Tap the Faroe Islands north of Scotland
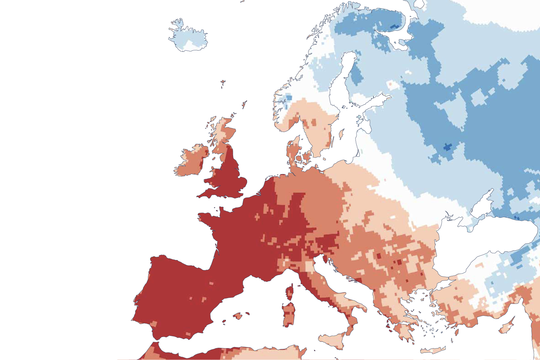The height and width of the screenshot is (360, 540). click(223, 84)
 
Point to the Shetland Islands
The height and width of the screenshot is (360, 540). click(244, 105)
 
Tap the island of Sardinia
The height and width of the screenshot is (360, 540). click(288, 314)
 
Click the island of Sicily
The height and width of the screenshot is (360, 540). click(333, 340)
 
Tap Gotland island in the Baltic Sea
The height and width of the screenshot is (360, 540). click(341, 135)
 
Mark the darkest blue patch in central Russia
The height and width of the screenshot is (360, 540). click(447, 147)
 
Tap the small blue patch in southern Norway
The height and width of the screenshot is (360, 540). click(288, 97)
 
